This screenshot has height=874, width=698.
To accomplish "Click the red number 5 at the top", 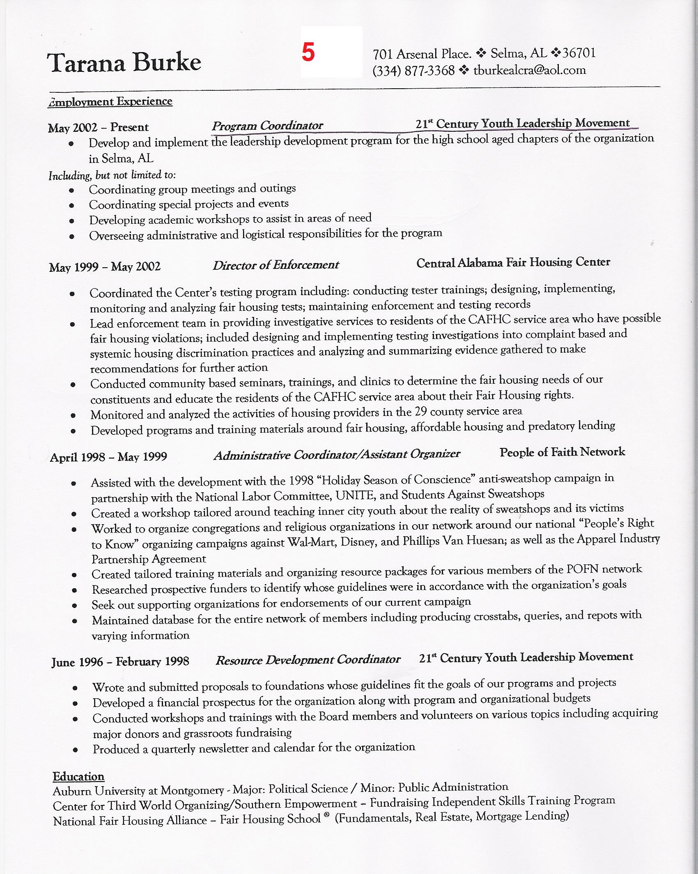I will tap(308, 53).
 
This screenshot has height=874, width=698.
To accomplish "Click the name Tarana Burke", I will tap(124, 62).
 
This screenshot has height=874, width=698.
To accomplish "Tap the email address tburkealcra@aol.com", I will tap(530, 70).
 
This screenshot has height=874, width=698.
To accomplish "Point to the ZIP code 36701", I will tap(579, 53).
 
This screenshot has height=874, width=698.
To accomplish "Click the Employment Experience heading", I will tap(110, 102).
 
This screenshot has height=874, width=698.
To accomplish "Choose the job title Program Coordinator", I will tap(267, 126).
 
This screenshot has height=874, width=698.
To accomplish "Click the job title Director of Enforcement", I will tap(276, 265).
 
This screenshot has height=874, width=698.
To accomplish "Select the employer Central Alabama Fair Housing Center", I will tap(513, 262).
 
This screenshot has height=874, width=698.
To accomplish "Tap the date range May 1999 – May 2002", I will tap(105, 267).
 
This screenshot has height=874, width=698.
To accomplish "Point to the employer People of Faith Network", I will tap(562, 452).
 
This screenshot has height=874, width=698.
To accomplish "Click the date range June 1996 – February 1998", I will tap(120, 662).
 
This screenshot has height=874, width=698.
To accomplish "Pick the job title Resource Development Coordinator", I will tap(308, 660).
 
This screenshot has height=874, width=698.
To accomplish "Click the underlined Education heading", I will tap(78, 776).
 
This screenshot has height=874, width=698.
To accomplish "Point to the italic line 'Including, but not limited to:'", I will tap(112, 175).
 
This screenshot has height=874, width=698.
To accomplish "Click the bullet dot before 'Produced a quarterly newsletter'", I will tap(75, 749).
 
